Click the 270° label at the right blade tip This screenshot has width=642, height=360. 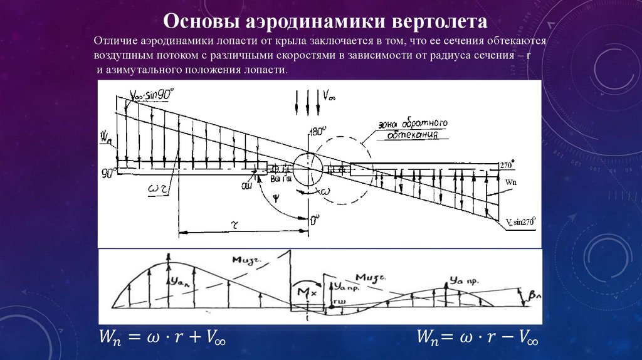[x=507, y=165]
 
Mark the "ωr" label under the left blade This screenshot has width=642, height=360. [x=157, y=189]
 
